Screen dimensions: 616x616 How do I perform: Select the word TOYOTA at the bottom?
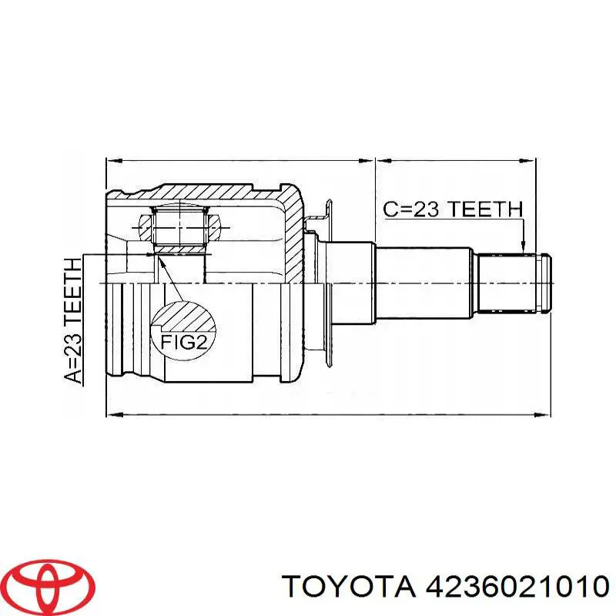coord(346,588)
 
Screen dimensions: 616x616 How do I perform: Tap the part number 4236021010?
coord(512,588)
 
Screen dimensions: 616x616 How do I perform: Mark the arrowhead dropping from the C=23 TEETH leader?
coord(524,246)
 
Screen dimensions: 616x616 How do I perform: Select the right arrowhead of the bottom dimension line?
coord(544,414)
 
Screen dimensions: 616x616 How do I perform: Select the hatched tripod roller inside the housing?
coord(180,226)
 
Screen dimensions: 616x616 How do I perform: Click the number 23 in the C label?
coord(423,209)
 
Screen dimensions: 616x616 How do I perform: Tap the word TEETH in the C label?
coord(485,209)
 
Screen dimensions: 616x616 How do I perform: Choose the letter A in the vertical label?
coord(73,375)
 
